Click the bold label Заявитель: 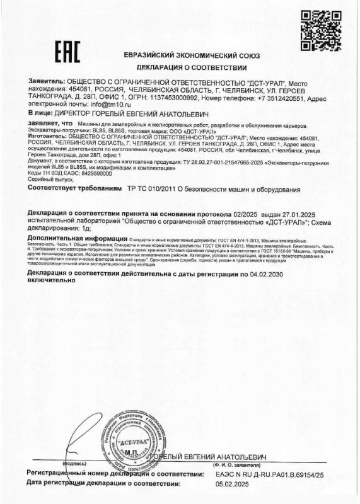pyautogui.click(x=47, y=83)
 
